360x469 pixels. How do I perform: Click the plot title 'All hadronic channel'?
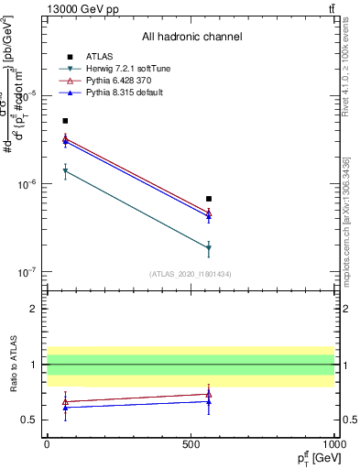(x=191, y=37)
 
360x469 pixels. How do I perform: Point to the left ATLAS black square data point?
(x=65, y=121)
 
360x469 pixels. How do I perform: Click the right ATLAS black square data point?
(x=209, y=199)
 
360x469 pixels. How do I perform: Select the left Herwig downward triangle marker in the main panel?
(x=65, y=171)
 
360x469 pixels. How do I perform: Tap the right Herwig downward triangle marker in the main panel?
(x=209, y=248)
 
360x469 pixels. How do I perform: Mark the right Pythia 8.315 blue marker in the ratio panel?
(x=209, y=401)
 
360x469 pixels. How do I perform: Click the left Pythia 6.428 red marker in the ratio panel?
(x=65, y=400)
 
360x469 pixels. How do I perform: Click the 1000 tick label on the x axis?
(x=334, y=444)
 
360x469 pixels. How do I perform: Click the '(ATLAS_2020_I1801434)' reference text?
(x=191, y=274)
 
